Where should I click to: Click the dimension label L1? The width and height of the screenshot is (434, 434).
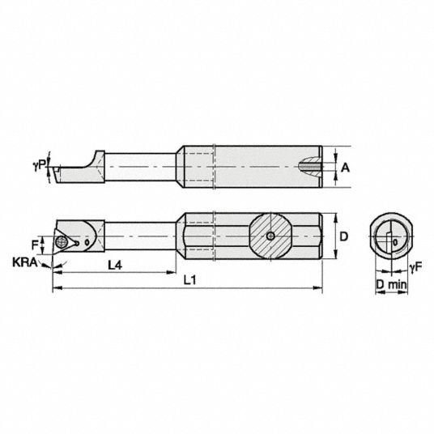click(x=189, y=280)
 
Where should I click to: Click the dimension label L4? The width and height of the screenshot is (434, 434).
click(x=115, y=266)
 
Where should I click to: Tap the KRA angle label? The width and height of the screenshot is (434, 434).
click(x=24, y=262)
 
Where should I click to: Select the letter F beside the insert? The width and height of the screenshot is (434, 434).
click(x=35, y=245)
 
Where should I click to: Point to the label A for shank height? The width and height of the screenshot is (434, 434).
click(x=345, y=168)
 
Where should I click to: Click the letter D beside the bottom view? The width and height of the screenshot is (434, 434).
click(x=343, y=236)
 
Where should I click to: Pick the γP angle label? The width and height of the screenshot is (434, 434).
click(x=39, y=165)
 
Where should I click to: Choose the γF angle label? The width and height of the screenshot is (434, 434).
click(x=415, y=267)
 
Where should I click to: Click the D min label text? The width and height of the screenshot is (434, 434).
click(x=391, y=284)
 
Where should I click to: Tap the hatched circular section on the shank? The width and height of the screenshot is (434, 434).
click(x=270, y=236)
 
